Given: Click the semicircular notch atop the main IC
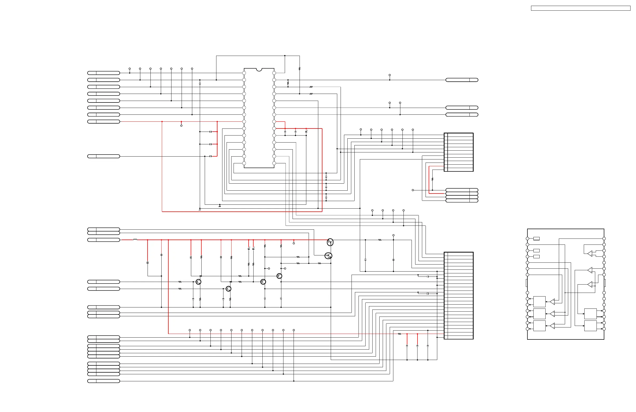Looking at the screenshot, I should (259, 69).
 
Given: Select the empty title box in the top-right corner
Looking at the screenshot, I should (580, 8).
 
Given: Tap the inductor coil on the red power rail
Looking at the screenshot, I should (135, 240).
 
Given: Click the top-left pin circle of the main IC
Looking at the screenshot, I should (244, 73).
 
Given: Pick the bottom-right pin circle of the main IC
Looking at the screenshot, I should (274, 163).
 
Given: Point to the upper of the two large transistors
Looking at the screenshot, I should (330, 242).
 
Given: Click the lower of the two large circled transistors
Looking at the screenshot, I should (328, 256).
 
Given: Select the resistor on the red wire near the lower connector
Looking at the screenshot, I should (399, 334).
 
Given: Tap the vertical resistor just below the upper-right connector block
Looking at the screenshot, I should (432, 179).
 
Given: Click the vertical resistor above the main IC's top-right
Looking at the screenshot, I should (300, 69).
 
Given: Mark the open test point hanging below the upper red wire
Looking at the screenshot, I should (181, 125).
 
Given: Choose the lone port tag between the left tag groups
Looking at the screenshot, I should (103, 156).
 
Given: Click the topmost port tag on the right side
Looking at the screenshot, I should (461, 80).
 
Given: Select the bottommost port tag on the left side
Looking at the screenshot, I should (103, 381).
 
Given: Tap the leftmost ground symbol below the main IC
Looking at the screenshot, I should (200, 210).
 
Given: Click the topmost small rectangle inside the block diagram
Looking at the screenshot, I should (536, 239).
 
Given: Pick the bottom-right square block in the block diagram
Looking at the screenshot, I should (590, 326).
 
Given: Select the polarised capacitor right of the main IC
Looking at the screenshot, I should (306, 132).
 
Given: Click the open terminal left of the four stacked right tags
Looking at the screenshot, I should (413, 190).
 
